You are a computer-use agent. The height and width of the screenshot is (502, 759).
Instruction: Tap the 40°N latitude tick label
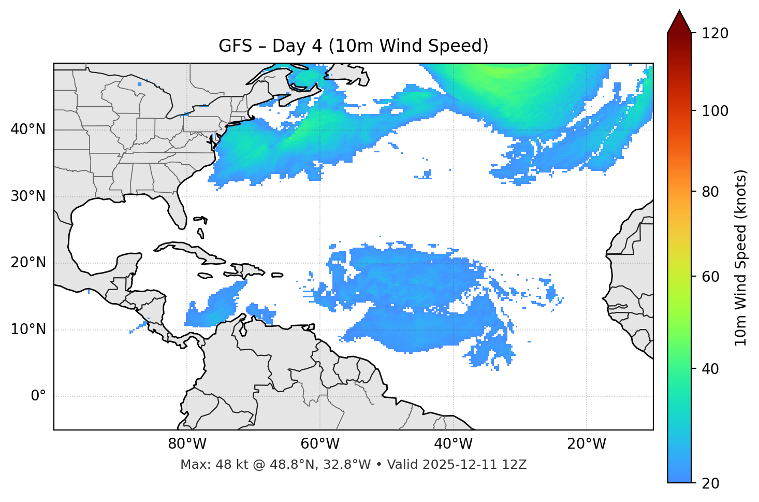click(28, 130)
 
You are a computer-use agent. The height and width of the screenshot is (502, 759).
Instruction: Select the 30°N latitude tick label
click(28, 196)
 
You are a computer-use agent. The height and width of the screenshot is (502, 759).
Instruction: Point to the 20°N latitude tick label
click(28, 263)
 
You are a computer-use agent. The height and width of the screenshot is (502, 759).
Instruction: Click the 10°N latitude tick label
click(28, 329)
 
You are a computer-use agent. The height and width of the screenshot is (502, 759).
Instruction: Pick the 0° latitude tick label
click(38, 396)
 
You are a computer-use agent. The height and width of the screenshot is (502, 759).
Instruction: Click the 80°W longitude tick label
click(187, 444)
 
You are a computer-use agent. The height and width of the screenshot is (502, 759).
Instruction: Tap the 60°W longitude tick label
click(320, 444)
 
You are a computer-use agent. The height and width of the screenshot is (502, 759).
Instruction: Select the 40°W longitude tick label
click(453, 444)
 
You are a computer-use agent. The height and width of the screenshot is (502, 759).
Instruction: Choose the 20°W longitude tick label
click(586, 444)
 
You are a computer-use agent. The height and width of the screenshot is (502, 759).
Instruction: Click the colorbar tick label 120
click(716, 34)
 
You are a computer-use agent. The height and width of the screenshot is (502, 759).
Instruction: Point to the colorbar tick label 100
click(716, 111)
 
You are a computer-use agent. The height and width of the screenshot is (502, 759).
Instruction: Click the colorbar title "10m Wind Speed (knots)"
click(741, 258)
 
